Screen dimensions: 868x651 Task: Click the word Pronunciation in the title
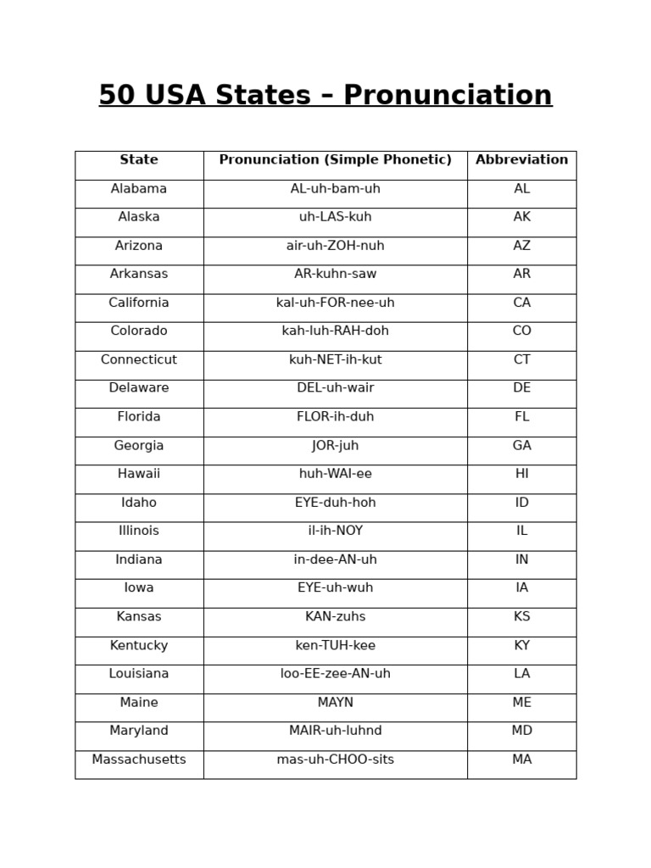click(x=448, y=96)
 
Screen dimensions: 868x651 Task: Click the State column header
click(x=139, y=160)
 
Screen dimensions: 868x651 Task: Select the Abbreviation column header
click(x=521, y=160)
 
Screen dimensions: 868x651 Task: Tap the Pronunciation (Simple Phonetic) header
click(x=335, y=160)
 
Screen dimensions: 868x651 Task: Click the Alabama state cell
click(x=139, y=189)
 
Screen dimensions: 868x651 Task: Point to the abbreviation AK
click(x=521, y=218)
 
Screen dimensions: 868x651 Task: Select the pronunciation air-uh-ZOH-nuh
click(x=335, y=246)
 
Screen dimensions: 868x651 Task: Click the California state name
click(x=139, y=303)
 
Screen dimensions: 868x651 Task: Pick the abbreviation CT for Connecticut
click(x=521, y=360)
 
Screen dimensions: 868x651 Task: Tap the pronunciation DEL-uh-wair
click(x=335, y=388)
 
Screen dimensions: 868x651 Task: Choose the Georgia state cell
click(x=139, y=446)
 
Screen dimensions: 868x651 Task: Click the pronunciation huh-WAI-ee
click(x=335, y=475)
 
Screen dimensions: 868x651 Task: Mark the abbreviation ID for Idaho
click(x=521, y=504)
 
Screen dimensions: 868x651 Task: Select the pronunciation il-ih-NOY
click(x=335, y=531)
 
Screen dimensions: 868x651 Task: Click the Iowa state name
click(x=139, y=588)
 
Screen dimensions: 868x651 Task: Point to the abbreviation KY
click(x=521, y=646)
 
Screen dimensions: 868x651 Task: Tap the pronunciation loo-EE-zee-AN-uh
click(x=335, y=674)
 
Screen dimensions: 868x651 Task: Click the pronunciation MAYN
click(x=335, y=703)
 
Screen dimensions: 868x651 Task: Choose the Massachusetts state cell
click(x=139, y=760)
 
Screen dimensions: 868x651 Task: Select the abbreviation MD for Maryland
click(x=521, y=732)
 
